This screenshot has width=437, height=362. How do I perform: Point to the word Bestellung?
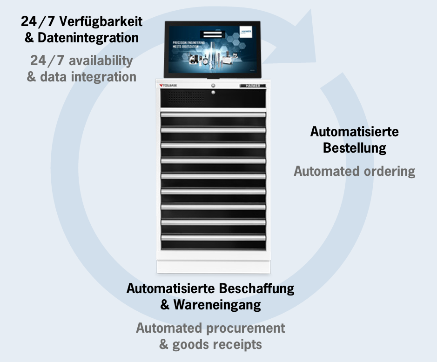tap(355, 148)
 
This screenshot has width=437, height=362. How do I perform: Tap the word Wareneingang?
tap(217, 305)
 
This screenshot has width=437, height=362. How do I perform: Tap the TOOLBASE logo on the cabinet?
tap(172, 86)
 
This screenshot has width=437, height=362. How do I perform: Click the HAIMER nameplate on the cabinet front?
tap(253, 86)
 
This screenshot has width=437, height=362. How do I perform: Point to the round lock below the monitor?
tap(213, 86)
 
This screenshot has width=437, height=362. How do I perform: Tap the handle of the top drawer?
tap(213, 114)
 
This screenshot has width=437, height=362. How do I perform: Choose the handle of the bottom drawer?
tap(213, 237)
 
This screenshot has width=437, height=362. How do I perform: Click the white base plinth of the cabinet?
tap(213, 267)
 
